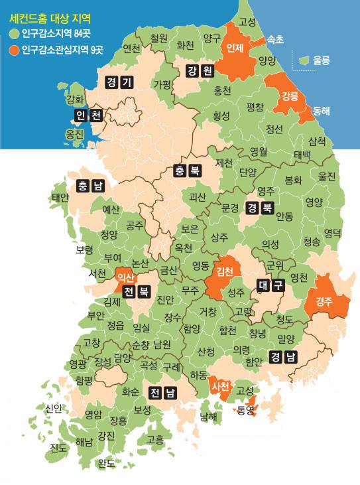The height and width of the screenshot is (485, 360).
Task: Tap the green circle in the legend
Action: [13, 33]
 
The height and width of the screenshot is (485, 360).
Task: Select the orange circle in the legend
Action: [13, 49]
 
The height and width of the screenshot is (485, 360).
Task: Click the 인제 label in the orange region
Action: [235, 49]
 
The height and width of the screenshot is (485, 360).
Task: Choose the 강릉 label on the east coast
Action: [290, 96]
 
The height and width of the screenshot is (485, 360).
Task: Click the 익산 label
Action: [125, 277]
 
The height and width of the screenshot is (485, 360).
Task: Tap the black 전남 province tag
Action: [162, 392]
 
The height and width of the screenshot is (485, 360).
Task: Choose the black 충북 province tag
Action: [188, 170]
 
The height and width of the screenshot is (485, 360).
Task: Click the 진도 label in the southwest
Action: [58, 448]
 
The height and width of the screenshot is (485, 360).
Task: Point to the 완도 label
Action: [106, 463]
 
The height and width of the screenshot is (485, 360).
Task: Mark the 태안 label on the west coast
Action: [60, 197]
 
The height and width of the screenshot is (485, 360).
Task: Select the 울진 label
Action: [327, 177]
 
